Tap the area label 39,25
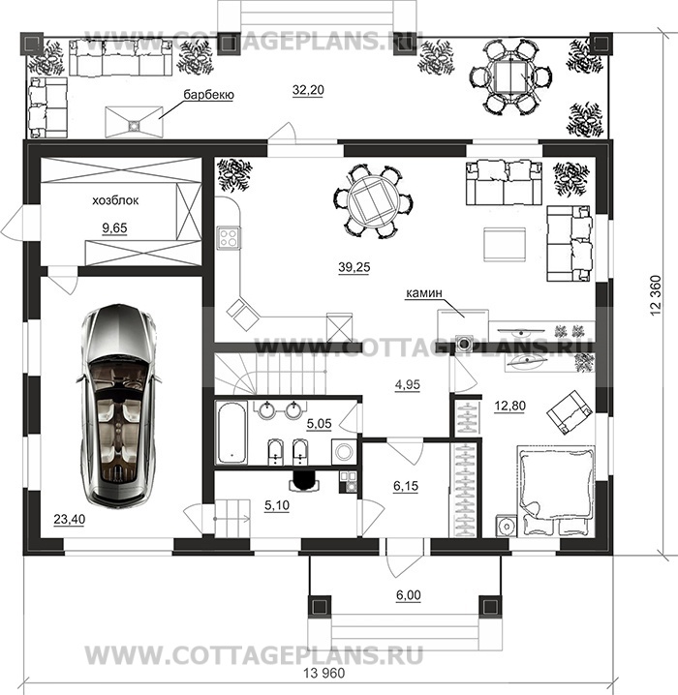pos(354,267)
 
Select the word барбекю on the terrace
pos(208,95)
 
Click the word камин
pos(423,293)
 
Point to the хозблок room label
pos(115,200)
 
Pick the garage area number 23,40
pos(69,519)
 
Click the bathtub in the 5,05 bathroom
pos(231,432)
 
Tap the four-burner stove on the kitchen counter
pos(229,237)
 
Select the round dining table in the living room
pos(372,201)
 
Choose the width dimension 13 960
pos(324,674)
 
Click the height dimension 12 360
pos(656,295)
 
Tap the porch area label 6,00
pos(408,595)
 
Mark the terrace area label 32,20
pos(308,90)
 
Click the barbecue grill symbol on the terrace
pos(134,121)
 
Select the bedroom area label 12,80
pos(509,406)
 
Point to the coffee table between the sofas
pos(505,244)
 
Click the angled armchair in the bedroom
pos(570,411)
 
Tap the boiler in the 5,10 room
pos(304,481)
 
